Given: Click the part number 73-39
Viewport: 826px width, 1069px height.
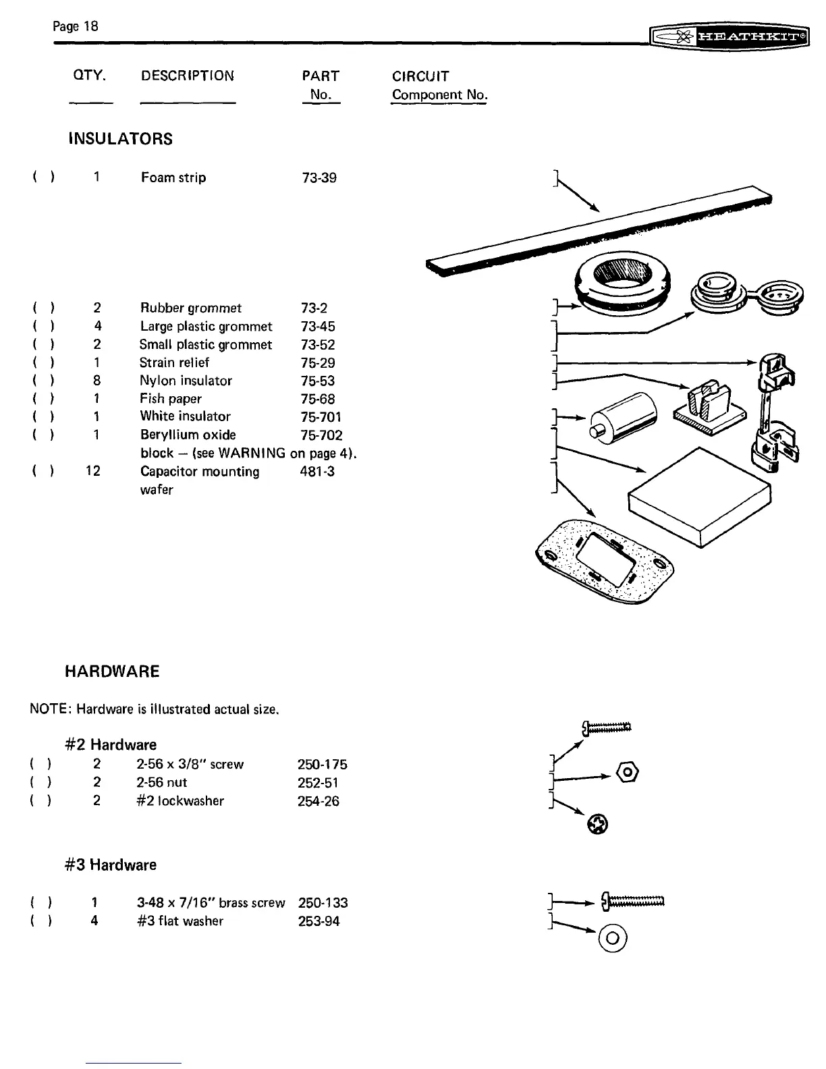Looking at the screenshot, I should pyautogui.click(x=319, y=178).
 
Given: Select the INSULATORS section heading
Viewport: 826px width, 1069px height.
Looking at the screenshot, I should pyautogui.click(x=121, y=140).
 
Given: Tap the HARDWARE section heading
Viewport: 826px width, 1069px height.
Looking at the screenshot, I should pyautogui.click(x=112, y=671).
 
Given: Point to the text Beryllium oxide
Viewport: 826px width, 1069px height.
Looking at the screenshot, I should pyautogui.click(x=188, y=435).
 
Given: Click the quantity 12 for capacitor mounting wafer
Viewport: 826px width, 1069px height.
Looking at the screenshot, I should pyautogui.click(x=93, y=471).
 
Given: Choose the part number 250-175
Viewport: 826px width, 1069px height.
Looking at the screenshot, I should pyautogui.click(x=323, y=765).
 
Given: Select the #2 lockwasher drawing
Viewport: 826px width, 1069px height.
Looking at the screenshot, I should pyautogui.click(x=598, y=823).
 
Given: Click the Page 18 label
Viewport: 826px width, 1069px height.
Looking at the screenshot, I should pyautogui.click(x=76, y=26).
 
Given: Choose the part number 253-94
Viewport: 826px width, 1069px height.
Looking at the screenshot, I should pyautogui.click(x=319, y=921).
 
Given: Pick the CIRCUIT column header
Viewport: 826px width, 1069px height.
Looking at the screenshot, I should pyautogui.click(x=420, y=76).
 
